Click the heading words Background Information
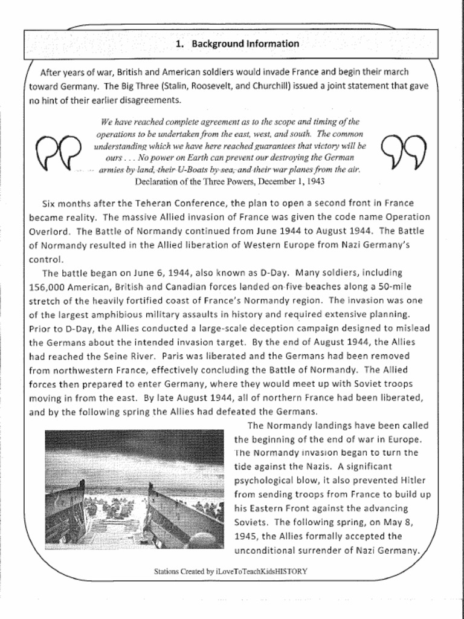tap(245, 44)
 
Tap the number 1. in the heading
tap(179, 44)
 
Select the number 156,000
tap(47, 287)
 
